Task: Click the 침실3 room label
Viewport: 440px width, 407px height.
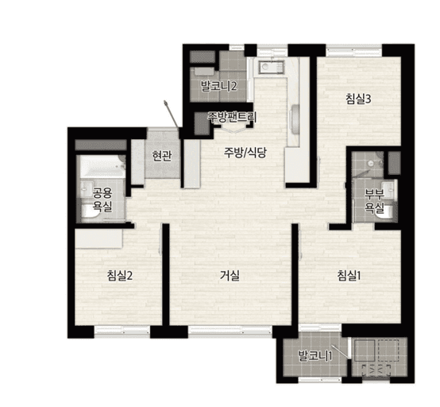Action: tap(358, 99)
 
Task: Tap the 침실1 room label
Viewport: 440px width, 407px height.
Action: tap(349, 276)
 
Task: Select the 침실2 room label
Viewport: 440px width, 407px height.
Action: tap(120, 276)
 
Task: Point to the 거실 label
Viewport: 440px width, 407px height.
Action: tap(230, 276)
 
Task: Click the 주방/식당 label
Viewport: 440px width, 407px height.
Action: tap(245, 153)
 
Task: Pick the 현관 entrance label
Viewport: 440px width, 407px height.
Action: tap(162, 156)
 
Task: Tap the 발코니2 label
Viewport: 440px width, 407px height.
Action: tap(219, 86)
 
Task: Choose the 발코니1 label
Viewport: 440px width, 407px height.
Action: tap(315, 356)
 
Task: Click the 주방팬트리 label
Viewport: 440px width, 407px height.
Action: tap(232, 117)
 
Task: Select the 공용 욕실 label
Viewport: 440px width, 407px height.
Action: tap(102, 200)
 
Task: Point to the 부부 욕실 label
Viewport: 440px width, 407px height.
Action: tap(374, 201)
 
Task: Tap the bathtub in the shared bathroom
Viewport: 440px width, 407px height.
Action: tap(102, 166)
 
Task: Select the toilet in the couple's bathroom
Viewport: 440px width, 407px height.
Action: tap(386, 212)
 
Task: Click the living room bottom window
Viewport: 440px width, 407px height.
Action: tap(230, 331)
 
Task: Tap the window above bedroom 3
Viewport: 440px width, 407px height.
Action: tap(354, 50)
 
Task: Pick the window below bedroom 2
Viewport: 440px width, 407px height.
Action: tap(122, 331)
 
